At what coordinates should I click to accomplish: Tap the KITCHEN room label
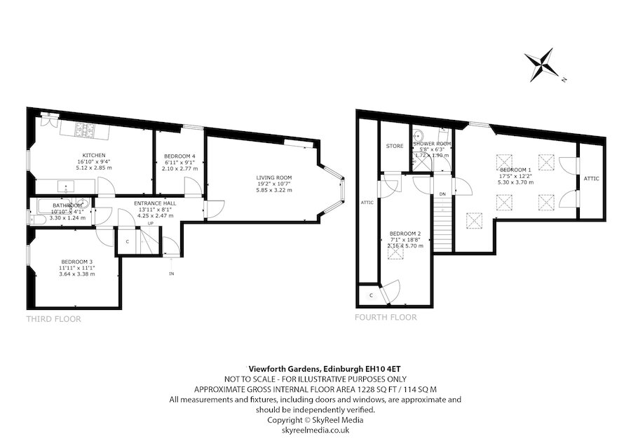tap(94, 155)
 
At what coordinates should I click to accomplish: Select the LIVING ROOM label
tap(273, 177)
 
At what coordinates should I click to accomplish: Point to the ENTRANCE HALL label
tap(155, 203)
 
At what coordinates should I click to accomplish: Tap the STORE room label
tap(395, 146)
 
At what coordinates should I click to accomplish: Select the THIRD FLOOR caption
tap(54, 319)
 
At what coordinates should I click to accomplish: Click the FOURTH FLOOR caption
tap(386, 317)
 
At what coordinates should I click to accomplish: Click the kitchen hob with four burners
tap(86, 129)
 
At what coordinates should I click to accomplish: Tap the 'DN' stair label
tap(442, 193)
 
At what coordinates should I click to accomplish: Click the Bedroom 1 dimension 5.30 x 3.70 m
tap(515, 182)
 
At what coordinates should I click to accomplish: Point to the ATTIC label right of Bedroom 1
tap(591, 179)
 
